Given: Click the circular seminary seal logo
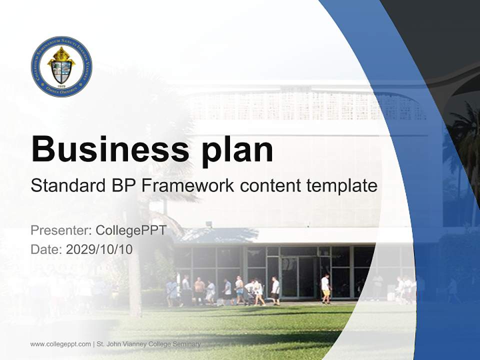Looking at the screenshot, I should [61, 66].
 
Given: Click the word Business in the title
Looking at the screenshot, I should [104, 149].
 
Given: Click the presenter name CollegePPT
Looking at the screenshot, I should [130, 230].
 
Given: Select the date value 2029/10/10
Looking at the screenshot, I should [99, 249].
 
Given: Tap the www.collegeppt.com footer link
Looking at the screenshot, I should [60, 344].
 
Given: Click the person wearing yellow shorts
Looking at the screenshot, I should [325, 289].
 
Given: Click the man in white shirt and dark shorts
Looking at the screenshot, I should [275, 290].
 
